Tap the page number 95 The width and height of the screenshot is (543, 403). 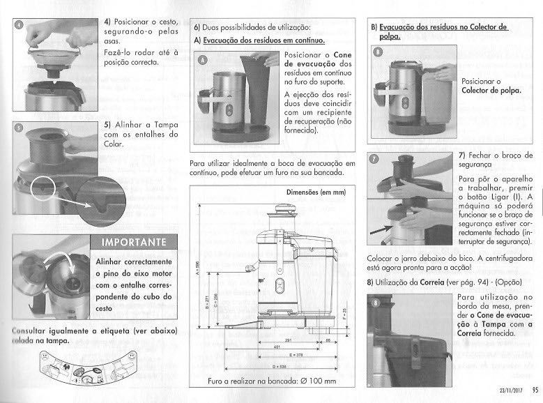(534, 390)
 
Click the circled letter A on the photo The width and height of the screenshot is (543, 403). (202, 61)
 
